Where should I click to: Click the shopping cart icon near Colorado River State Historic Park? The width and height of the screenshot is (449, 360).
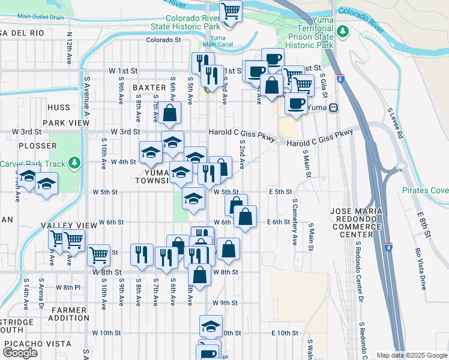pyautogui.click(x=231, y=11)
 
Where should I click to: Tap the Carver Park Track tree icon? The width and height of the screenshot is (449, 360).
pyautogui.click(x=74, y=163)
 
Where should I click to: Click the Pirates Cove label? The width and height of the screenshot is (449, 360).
pyautogui.click(x=426, y=191)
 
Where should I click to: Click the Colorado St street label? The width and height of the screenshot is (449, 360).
pyautogui.click(x=164, y=41)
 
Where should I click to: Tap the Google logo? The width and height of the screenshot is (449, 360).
pyautogui.click(x=20, y=353)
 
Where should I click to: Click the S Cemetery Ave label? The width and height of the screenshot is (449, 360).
pyautogui.click(x=295, y=223)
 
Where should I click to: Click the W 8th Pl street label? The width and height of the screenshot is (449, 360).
pyautogui.click(x=68, y=287)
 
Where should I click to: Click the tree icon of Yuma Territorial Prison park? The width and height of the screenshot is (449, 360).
pyautogui.click(x=343, y=31)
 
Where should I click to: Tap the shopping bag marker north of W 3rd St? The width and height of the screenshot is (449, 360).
pyautogui.click(x=170, y=112)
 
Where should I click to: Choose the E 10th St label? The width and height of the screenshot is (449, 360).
pyautogui.click(x=285, y=333)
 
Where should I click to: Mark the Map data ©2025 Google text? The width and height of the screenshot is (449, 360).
pyautogui.click(x=412, y=355)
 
